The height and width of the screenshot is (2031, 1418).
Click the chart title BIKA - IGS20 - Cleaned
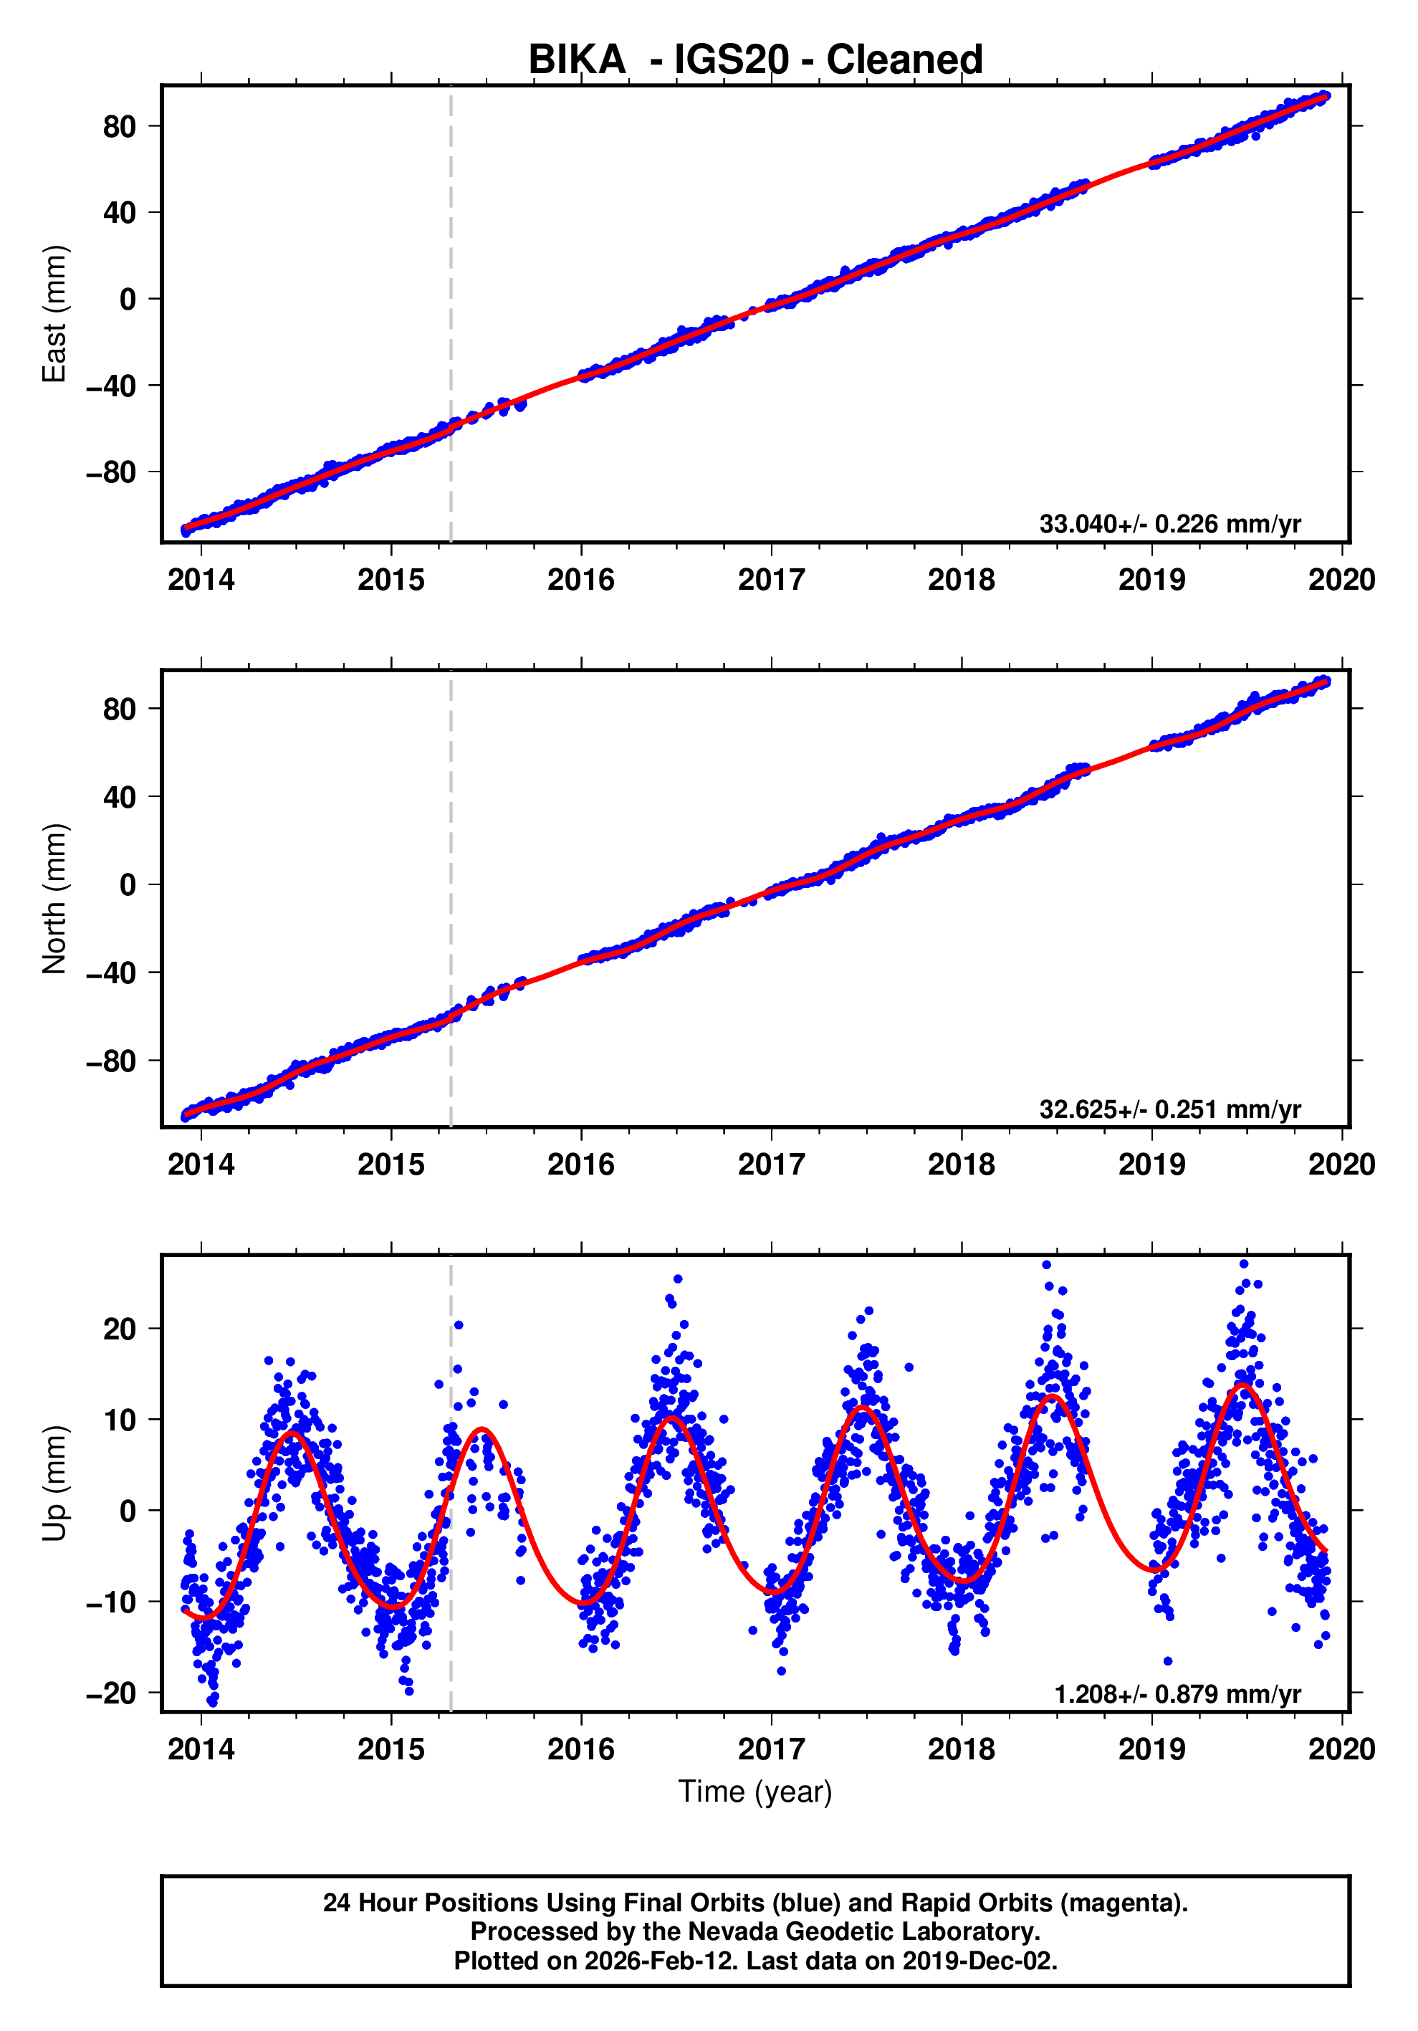[x=754, y=60]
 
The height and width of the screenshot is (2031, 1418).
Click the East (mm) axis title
[x=55, y=314]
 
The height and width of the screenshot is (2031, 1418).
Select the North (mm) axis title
[x=55, y=899]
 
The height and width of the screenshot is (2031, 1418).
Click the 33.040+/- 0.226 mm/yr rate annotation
[x=1169, y=524]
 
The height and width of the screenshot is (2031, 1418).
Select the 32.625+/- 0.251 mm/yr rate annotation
[x=1169, y=1109]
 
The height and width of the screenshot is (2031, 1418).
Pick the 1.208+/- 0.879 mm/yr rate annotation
[x=1177, y=1694]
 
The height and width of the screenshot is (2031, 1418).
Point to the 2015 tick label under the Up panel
[x=391, y=1749]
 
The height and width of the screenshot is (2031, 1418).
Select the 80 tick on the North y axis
[x=120, y=709]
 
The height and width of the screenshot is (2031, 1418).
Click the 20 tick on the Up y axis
[x=120, y=1329]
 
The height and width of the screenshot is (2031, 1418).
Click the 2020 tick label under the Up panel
[x=1341, y=1749]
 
